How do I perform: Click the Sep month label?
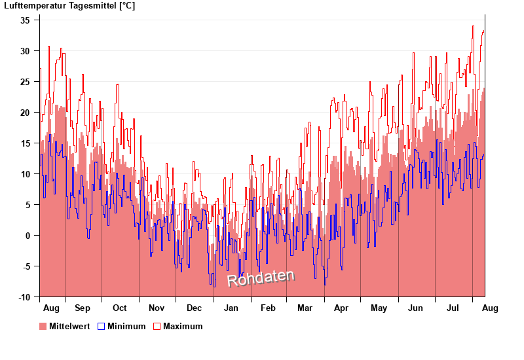83,308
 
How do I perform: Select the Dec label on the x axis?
195,308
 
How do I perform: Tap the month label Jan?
231,308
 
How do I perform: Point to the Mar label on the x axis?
305,308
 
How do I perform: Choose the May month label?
379,308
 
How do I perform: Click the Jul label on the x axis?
453,308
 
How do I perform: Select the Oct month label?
120,308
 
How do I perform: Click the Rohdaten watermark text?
261,278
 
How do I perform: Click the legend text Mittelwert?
69,326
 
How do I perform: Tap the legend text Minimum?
126,326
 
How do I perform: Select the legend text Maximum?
183,326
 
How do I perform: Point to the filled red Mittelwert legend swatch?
43,326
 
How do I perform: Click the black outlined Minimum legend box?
101,326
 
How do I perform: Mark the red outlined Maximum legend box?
157,326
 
